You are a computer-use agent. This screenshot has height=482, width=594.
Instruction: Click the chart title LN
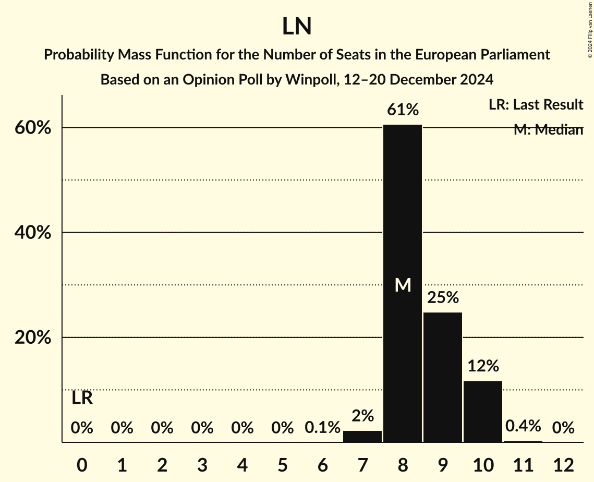297,27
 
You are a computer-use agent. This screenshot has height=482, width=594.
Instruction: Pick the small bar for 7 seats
362,437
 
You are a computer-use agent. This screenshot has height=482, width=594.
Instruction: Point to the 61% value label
403,110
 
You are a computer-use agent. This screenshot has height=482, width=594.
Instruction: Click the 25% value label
443,298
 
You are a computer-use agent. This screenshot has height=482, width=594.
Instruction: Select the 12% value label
483,366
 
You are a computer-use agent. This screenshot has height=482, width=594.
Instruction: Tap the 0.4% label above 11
523,427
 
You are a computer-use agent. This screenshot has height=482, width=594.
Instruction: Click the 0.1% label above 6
322,428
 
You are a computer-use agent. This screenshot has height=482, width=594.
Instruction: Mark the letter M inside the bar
403,285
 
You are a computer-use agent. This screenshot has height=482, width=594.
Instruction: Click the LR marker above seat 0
82,399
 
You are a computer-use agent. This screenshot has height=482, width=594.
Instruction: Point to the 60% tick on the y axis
33,128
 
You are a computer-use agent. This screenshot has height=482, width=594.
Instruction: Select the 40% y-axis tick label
33,233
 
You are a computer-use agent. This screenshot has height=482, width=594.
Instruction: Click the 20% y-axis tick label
33,338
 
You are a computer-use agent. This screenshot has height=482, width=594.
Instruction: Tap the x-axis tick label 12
563,465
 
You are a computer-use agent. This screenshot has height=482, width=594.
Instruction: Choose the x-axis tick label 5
282,465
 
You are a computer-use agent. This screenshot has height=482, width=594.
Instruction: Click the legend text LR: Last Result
536,105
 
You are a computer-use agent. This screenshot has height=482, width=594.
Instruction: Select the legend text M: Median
548,130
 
